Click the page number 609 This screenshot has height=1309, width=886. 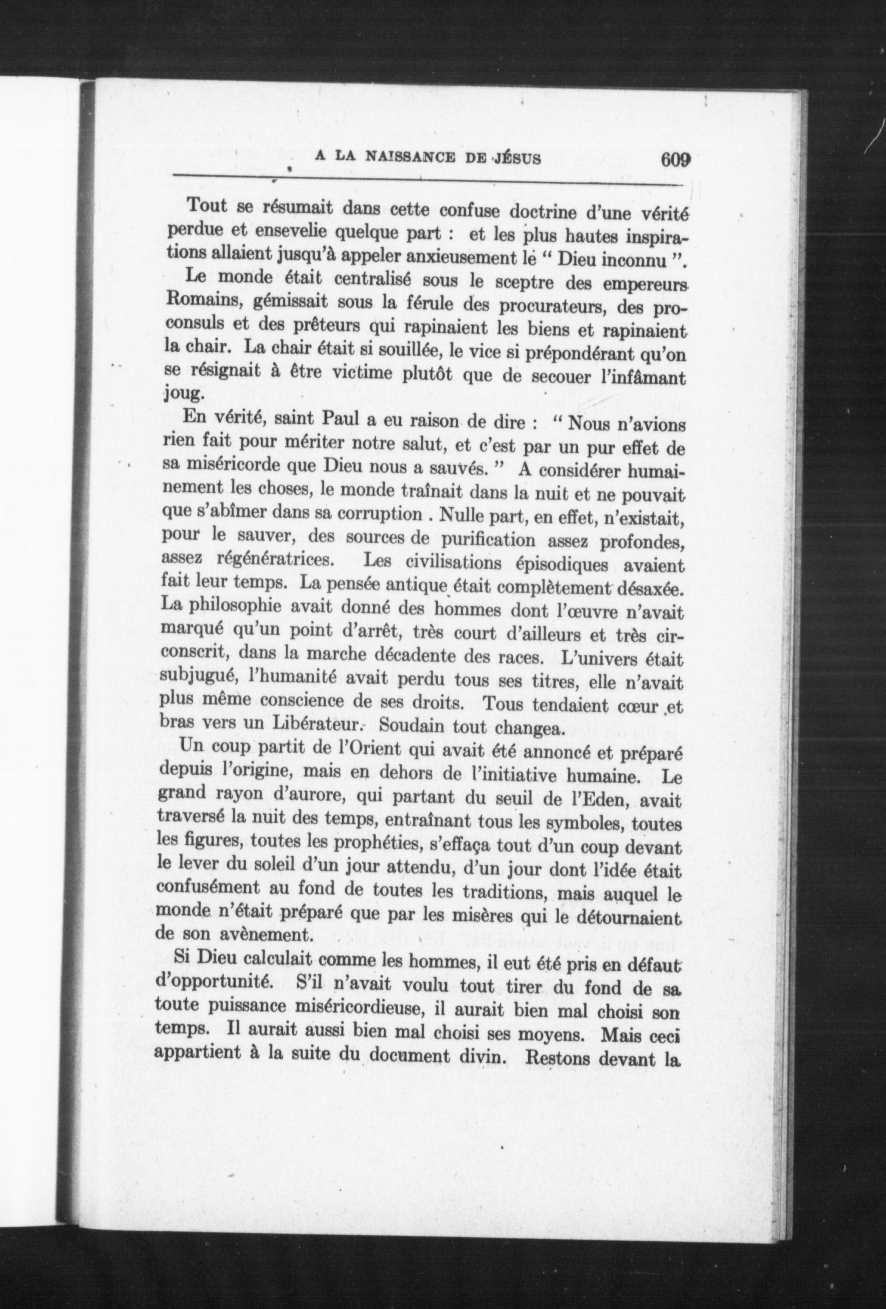click(675, 159)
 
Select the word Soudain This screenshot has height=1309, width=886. click(410, 726)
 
